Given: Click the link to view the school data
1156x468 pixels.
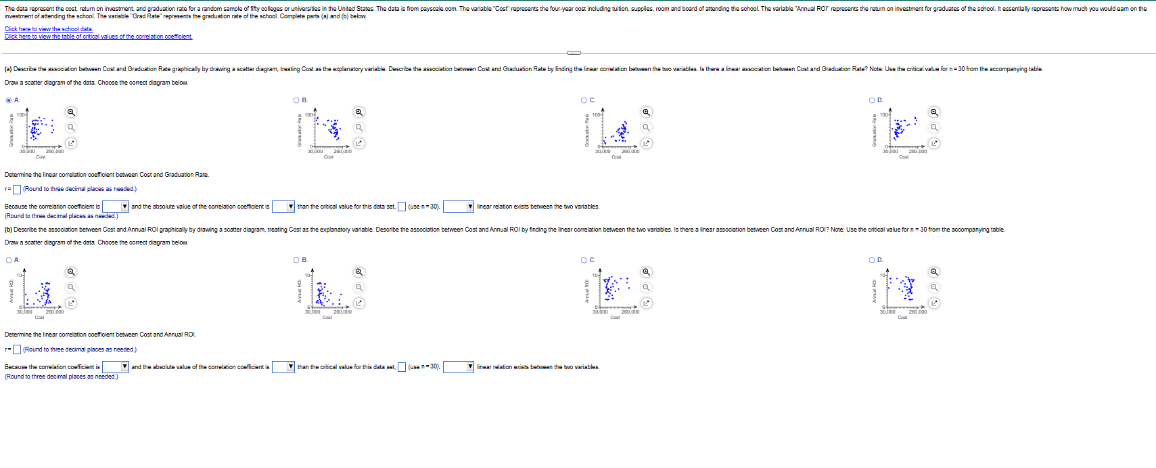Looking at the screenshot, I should tap(49, 29).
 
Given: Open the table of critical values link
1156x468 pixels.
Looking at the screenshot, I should tap(98, 37).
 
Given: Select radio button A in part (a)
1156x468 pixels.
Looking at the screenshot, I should tap(9, 100).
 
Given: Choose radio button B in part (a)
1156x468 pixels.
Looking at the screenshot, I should tap(296, 100).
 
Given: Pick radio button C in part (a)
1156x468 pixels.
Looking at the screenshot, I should tap(584, 100).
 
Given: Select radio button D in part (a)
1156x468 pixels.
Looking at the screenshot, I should tap(872, 100).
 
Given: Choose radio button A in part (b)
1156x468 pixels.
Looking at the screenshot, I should tap(9, 260).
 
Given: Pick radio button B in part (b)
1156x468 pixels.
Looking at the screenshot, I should tap(296, 260).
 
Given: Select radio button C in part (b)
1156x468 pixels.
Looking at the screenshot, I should tap(584, 260).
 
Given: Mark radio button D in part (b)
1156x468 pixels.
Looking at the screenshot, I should tap(872, 260).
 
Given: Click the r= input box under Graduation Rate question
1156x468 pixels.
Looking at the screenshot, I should tap(17, 190).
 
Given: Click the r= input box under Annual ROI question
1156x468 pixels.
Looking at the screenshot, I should tap(17, 349).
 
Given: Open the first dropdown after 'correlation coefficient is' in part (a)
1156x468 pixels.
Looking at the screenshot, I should tap(116, 207).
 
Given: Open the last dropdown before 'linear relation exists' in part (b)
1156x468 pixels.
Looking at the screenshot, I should tap(458, 367).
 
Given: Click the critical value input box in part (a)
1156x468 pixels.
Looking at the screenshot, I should tap(402, 207).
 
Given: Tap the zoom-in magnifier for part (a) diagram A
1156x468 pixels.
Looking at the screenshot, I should tap(71, 112).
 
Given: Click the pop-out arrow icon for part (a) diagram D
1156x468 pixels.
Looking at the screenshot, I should tap(934, 143).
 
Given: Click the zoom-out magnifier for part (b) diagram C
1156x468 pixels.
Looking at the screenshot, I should tap(646, 287).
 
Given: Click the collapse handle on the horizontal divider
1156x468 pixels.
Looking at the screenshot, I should tap(574, 53).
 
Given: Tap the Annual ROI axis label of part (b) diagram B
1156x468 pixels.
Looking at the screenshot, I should tap(299, 291).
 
